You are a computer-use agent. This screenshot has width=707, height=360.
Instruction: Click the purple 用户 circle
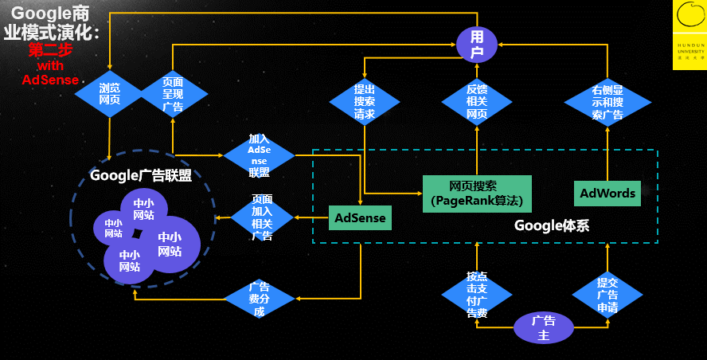(x=476, y=44)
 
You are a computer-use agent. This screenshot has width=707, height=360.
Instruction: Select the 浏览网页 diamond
(x=109, y=94)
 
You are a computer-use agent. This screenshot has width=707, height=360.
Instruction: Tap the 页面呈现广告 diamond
(x=173, y=94)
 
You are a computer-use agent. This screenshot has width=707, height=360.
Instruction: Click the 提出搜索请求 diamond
(x=364, y=101)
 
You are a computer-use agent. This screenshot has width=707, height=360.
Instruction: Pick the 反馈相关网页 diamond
(x=476, y=101)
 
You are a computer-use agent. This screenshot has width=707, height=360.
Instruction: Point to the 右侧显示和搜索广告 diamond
(x=607, y=102)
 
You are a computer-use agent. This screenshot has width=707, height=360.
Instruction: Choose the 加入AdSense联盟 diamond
(x=259, y=155)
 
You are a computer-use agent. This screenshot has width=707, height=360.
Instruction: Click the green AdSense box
(x=360, y=217)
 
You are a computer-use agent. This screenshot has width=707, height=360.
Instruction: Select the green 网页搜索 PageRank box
(x=476, y=194)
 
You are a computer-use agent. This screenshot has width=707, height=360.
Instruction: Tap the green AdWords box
(x=607, y=194)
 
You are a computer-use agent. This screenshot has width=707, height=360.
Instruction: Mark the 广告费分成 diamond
(x=258, y=299)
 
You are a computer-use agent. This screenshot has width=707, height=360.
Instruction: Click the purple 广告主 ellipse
(x=543, y=327)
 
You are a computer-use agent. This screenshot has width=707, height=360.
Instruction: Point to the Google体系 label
(x=551, y=225)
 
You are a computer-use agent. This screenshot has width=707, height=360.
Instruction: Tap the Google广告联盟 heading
(x=141, y=175)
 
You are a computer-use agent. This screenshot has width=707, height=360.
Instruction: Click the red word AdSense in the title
(x=50, y=80)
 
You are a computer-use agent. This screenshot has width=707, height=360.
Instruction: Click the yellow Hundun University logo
(x=689, y=35)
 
